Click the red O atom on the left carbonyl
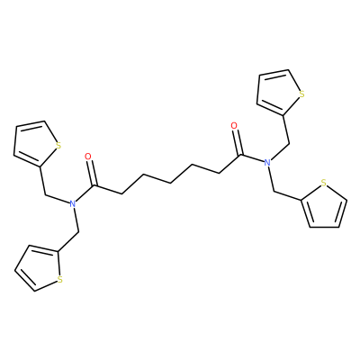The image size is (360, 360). click(x=88, y=157)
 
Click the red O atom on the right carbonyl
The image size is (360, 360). click(x=234, y=125)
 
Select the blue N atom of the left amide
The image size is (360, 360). click(x=72, y=204)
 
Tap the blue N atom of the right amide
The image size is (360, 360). click(x=267, y=163)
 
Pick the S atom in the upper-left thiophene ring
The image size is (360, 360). click(x=58, y=146)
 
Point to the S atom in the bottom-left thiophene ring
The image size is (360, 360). click(x=60, y=280)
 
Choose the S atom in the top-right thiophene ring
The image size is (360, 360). click(x=302, y=94)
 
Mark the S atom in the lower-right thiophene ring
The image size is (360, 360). click(x=323, y=183)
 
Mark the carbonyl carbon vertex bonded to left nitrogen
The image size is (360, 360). click(x=95, y=186)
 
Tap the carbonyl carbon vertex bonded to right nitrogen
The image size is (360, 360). click(x=241, y=156)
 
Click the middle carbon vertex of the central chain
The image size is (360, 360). click(x=170, y=183)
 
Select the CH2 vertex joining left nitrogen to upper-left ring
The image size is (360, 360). click(x=45, y=195)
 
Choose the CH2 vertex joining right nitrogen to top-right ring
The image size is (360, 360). click(x=289, y=144)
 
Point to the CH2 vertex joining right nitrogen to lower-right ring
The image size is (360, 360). click(x=274, y=191)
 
